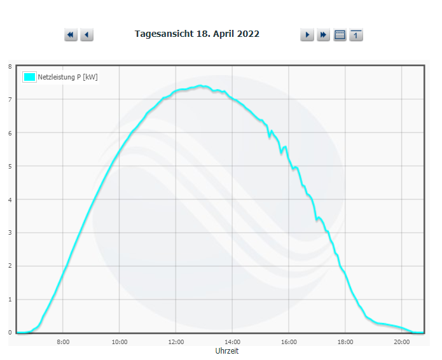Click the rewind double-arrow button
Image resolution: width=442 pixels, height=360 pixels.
(x=71, y=35)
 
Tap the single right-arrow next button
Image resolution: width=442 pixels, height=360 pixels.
(x=307, y=35)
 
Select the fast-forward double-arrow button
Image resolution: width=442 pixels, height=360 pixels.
(x=323, y=35)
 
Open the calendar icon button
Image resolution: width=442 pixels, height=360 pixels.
(x=340, y=35)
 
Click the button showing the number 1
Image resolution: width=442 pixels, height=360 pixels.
(x=356, y=35)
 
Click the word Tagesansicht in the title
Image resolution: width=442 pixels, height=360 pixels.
(x=164, y=34)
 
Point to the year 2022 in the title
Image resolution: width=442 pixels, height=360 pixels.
(x=248, y=34)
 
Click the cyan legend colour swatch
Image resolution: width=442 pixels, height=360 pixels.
(x=29, y=77)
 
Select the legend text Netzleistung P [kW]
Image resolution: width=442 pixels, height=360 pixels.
(x=67, y=77)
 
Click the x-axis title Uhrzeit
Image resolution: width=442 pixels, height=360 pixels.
(x=227, y=351)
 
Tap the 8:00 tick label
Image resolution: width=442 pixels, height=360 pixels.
(x=63, y=342)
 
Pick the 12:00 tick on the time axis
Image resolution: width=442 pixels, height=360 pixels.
(x=176, y=342)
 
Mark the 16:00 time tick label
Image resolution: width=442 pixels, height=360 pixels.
(x=289, y=342)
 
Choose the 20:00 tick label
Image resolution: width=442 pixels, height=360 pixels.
(x=402, y=342)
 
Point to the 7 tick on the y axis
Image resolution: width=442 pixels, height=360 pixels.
(x=10, y=99)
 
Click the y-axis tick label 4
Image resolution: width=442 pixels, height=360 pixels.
(x=10, y=200)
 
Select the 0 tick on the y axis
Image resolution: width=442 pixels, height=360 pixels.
(x=10, y=333)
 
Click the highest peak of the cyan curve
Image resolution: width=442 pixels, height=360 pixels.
(x=200, y=85)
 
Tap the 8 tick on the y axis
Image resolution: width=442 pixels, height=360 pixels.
(x=10, y=67)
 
